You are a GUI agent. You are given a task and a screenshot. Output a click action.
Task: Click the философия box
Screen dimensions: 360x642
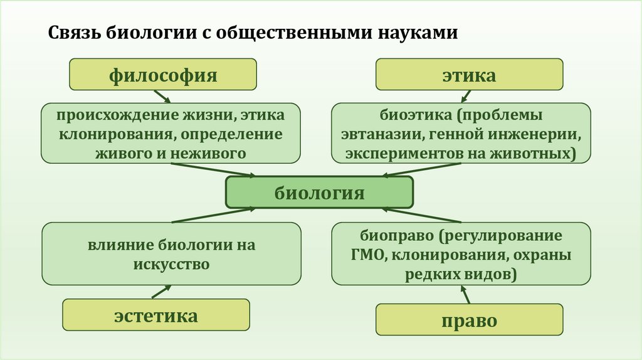(163, 75)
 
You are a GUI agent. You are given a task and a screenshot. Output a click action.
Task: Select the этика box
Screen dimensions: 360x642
(469, 75)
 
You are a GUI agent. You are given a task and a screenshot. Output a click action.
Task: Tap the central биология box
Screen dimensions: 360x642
(319, 192)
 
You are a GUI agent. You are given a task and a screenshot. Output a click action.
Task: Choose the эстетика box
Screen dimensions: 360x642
(155, 315)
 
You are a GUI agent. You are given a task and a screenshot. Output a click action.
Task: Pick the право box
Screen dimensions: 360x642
(469, 320)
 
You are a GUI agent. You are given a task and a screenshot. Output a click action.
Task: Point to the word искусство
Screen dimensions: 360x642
(171, 264)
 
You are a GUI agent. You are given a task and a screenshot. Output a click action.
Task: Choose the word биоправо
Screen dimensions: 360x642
(397, 236)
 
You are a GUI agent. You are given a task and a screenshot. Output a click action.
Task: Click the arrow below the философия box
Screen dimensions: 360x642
(162, 97)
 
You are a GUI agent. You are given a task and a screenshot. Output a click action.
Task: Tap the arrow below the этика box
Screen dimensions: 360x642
(466, 96)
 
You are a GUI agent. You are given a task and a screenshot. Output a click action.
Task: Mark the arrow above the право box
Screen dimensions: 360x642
(465, 294)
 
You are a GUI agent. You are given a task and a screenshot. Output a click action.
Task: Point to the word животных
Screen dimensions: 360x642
(537, 153)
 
